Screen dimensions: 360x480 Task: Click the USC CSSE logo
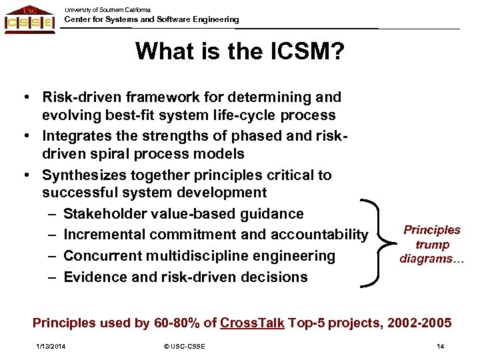tap(29, 19)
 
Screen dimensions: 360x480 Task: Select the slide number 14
tap(440, 346)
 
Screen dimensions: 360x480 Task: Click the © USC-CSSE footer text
tap(185, 346)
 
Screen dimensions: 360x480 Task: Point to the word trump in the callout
tap(431, 245)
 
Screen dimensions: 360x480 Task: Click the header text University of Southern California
tap(108, 9)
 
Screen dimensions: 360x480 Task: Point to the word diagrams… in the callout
tap(431, 259)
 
